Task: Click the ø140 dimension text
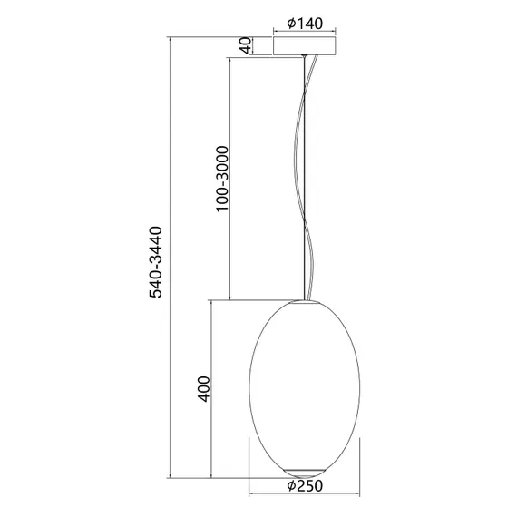point(305,24)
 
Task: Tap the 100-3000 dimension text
point(220,178)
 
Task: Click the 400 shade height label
point(203,389)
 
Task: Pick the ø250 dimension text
point(305,486)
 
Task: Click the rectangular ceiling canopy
point(305,45)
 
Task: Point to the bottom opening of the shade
point(305,470)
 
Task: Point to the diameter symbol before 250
point(289,486)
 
